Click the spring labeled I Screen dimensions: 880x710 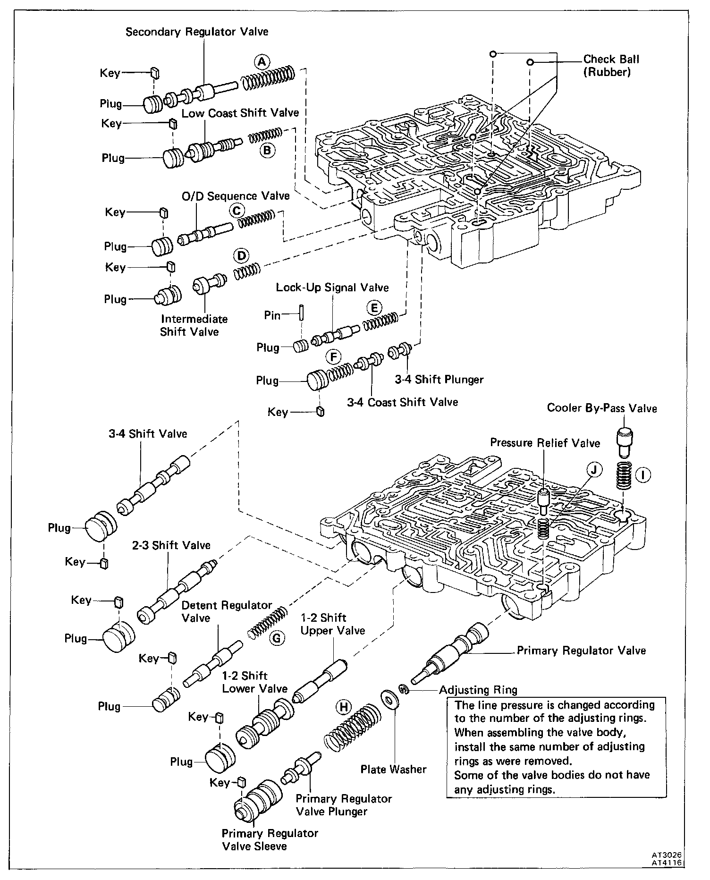[x=625, y=477]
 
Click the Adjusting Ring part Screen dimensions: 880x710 [x=403, y=690]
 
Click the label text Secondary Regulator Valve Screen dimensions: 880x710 [x=197, y=32]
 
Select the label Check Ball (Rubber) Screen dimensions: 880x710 [x=611, y=66]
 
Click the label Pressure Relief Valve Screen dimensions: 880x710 [x=545, y=443]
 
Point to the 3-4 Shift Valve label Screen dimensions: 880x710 [x=148, y=433]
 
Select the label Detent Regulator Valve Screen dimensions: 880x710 [x=227, y=611]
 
